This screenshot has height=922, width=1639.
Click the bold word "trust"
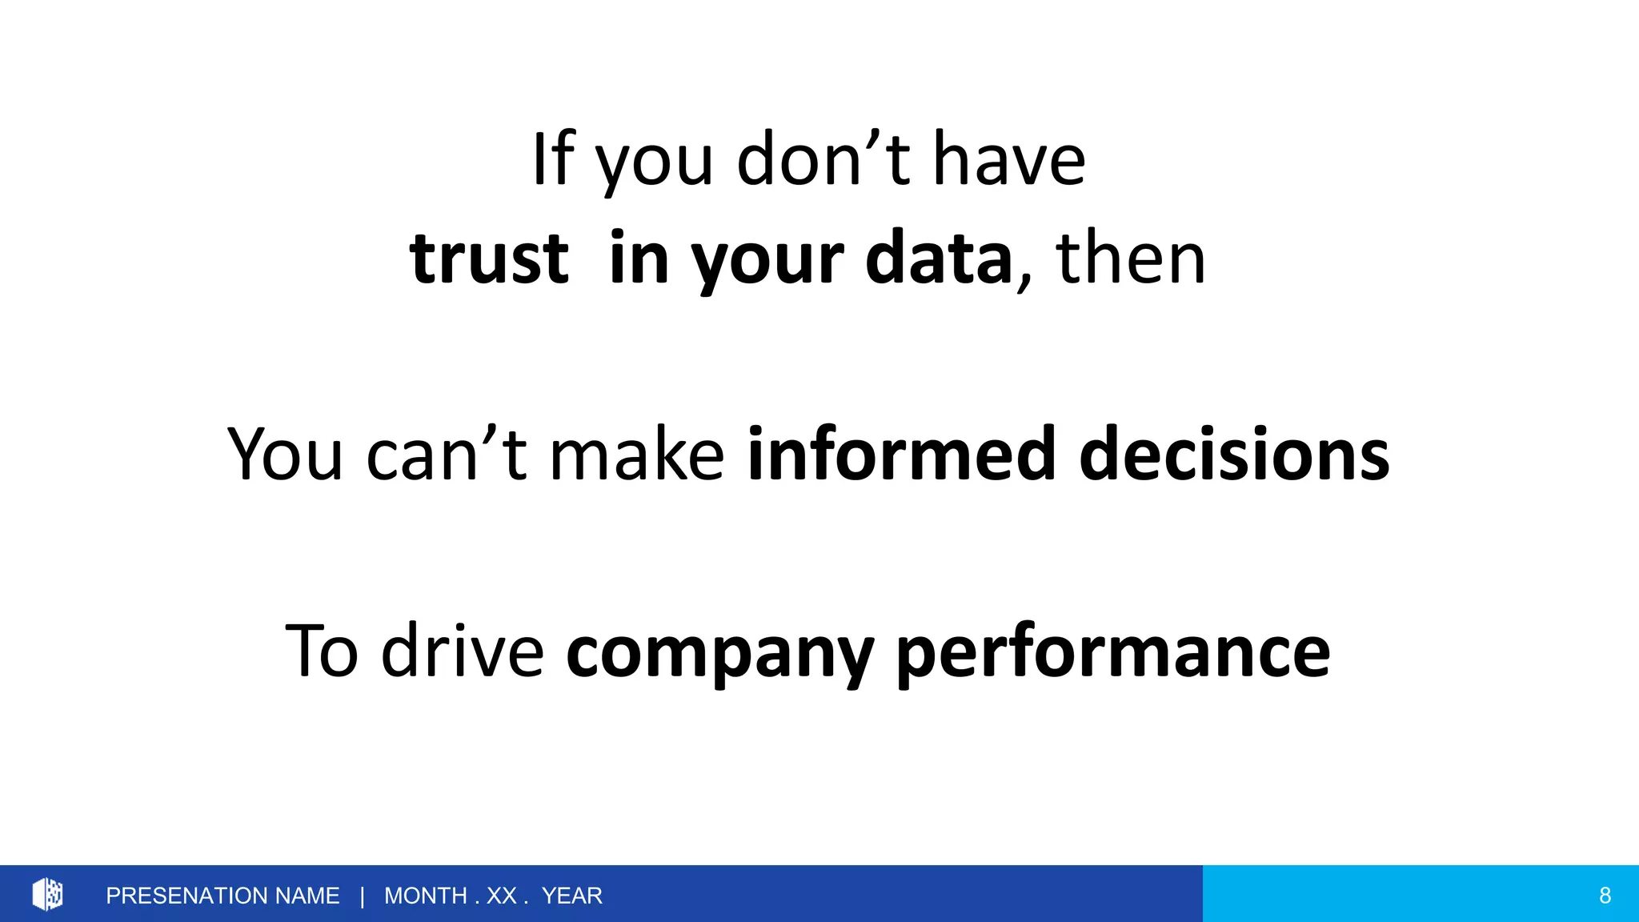[x=489, y=258]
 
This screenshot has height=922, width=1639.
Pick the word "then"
[x=1130, y=258]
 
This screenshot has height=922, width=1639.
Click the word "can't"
[x=447, y=454]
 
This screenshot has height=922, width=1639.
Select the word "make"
[x=637, y=454]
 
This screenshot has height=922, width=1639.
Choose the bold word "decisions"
[x=1234, y=454]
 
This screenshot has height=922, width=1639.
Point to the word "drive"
[x=463, y=650]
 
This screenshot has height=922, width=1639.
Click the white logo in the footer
[x=47, y=894]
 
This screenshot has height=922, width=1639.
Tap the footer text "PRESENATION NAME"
[x=222, y=896]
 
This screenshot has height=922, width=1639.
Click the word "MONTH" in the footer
[x=426, y=896]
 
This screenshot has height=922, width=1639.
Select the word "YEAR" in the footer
[x=571, y=896]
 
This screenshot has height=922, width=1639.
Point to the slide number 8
[x=1605, y=896]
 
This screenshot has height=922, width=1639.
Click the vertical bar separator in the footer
[x=363, y=896]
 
